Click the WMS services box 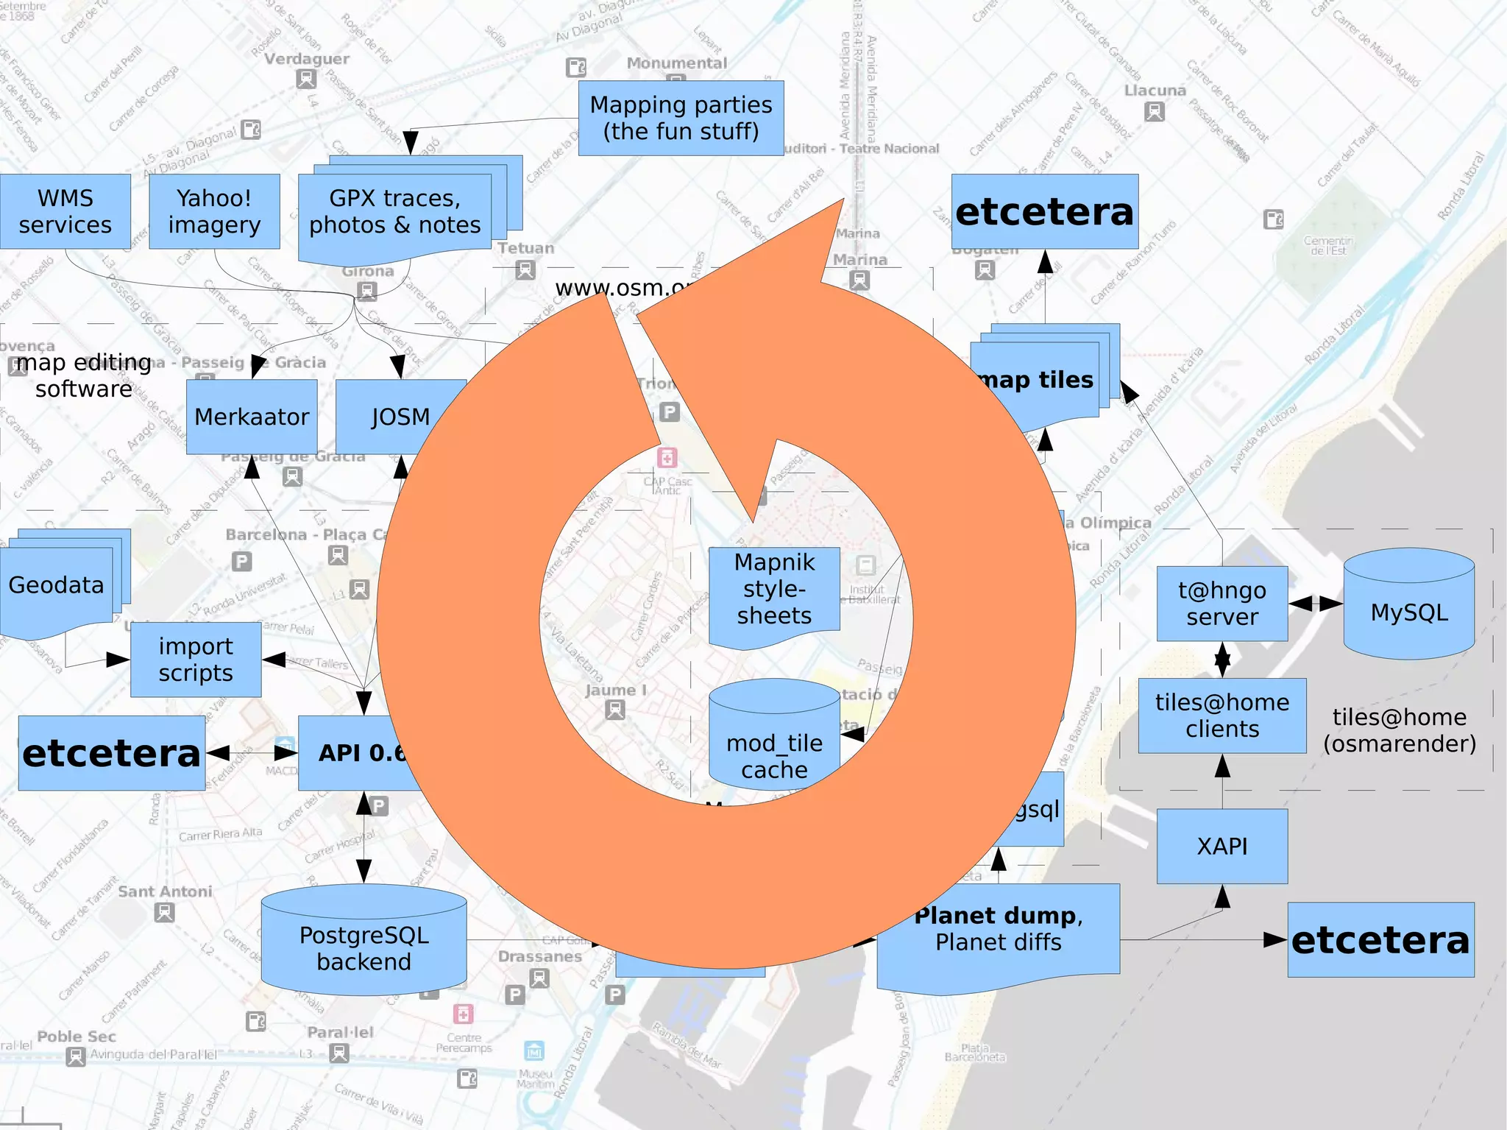click(x=65, y=211)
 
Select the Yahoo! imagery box click(x=214, y=211)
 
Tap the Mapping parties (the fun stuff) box click(x=681, y=118)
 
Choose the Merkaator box click(x=252, y=417)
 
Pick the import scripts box click(x=196, y=660)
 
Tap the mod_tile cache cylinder click(x=774, y=740)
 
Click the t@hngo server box click(x=1221, y=604)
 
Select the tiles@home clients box click(x=1221, y=716)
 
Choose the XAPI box click(x=1221, y=847)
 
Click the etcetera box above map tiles click(x=1044, y=212)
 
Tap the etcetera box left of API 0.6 click(x=111, y=753)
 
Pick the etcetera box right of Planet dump click(x=1380, y=940)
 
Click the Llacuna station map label click(x=1155, y=91)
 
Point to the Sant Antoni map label click(x=165, y=891)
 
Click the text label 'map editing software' click(x=84, y=375)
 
